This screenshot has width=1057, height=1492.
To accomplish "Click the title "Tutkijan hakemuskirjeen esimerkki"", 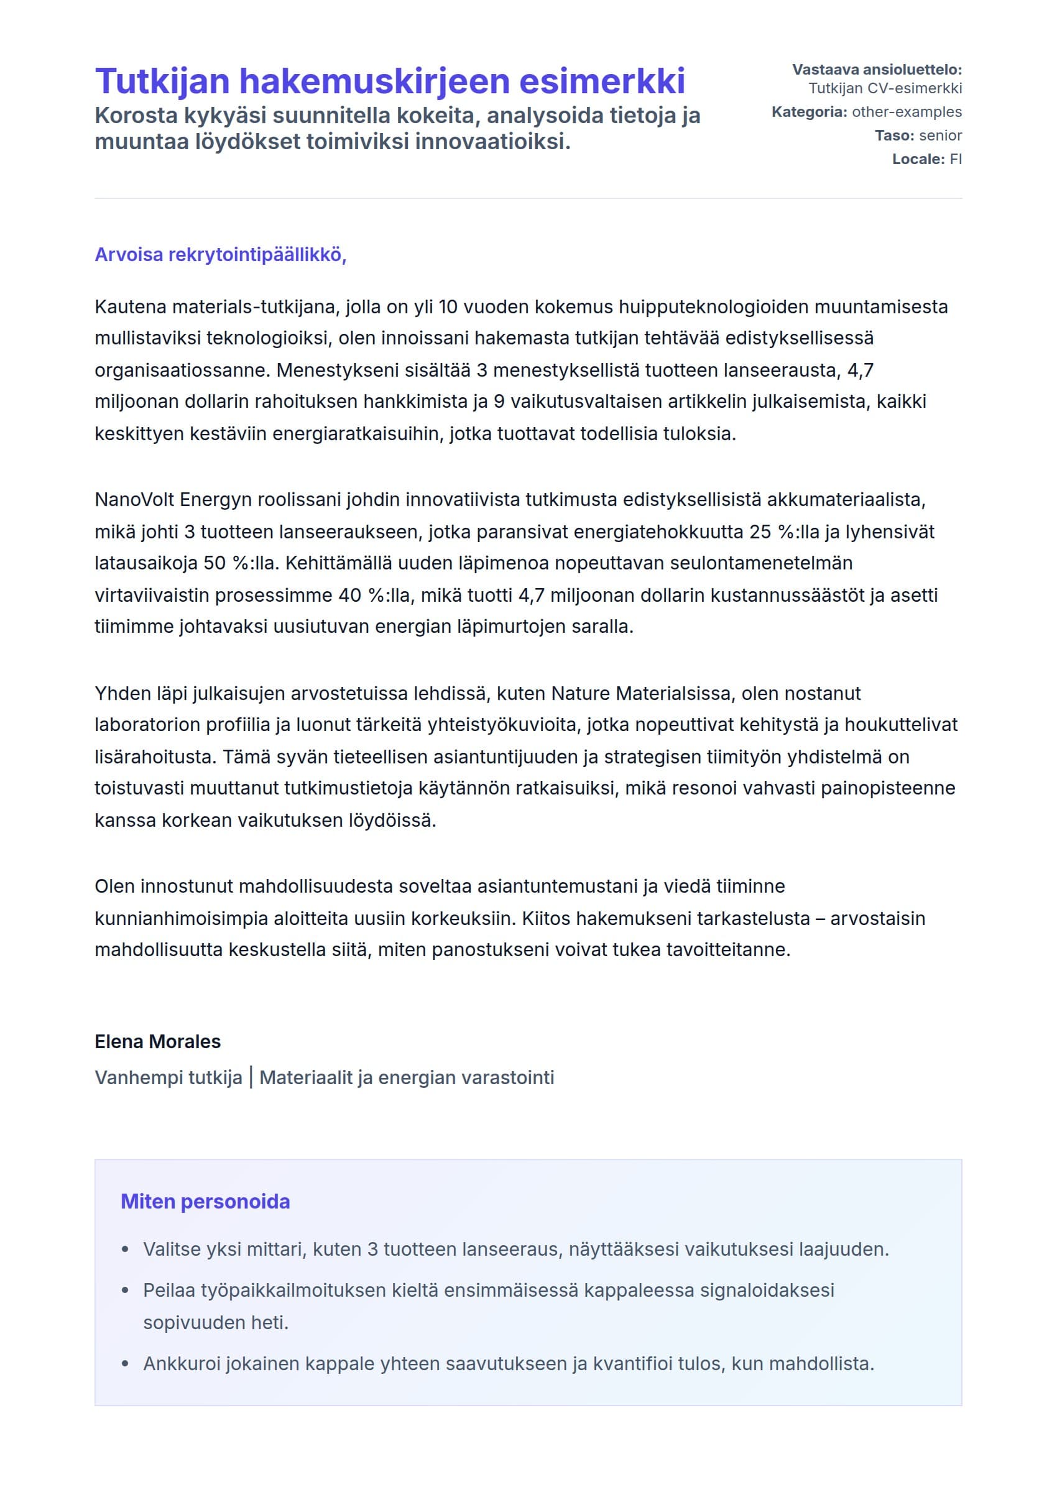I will [390, 81].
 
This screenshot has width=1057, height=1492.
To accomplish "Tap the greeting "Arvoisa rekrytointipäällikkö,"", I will [221, 254].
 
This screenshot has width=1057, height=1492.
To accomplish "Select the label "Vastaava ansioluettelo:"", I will [877, 70].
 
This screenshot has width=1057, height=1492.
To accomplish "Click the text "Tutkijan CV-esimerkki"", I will [885, 88].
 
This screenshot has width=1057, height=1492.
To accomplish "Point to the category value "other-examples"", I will [907, 112].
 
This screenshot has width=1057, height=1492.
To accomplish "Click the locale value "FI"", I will [956, 159].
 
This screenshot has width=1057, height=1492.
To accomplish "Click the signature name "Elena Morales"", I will [157, 1041].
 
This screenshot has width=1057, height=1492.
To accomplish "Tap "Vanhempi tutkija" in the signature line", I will [168, 1077].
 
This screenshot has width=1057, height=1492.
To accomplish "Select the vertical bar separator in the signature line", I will [251, 1077].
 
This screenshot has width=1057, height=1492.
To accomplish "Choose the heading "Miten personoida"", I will [205, 1201].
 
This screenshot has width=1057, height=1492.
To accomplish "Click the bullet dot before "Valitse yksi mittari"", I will [126, 1250].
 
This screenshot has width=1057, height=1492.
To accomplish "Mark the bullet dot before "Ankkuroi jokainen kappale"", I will [126, 1364].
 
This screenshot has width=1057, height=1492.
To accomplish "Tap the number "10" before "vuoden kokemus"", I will [448, 307].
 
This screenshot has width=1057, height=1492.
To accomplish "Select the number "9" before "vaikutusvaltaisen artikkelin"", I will [499, 402].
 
